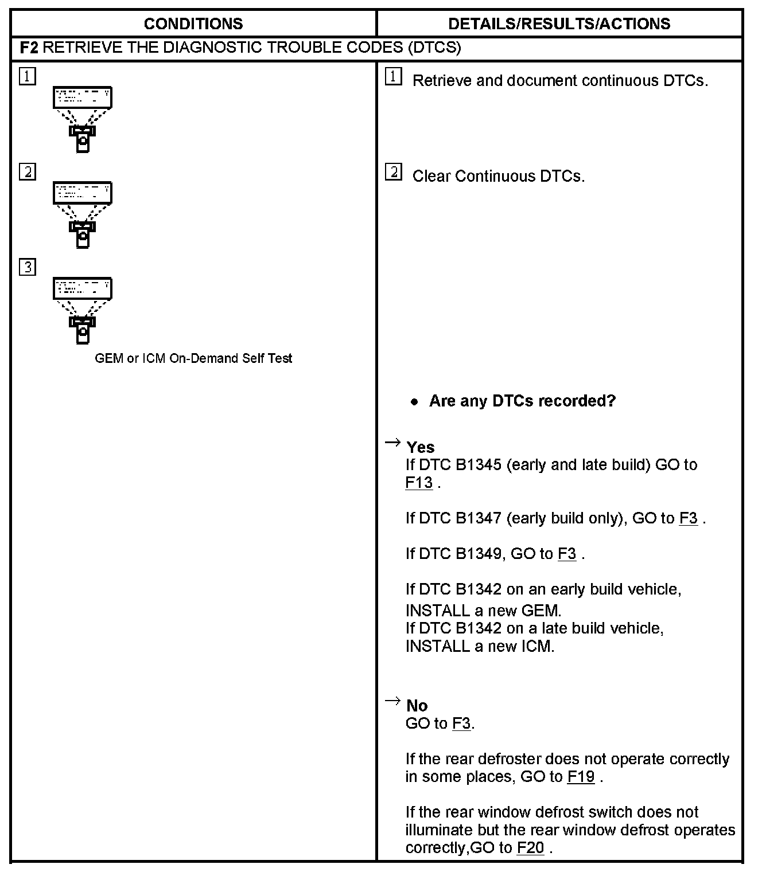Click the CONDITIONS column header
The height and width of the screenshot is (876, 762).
[x=193, y=24]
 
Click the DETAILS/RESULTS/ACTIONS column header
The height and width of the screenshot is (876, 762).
[x=559, y=24]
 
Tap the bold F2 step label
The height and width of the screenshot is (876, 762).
[x=29, y=48]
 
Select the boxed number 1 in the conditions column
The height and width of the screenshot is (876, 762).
[x=27, y=76]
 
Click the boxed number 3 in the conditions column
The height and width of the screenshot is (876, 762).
[x=27, y=267]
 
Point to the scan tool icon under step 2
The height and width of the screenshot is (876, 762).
[x=83, y=215]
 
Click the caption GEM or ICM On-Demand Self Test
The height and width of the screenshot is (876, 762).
[x=193, y=358]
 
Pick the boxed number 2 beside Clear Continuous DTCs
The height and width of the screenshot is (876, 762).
[x=393, y=172]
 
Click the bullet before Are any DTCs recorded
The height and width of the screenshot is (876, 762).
[x=414, y=402]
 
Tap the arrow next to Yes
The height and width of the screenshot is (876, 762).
[x=392, y=442]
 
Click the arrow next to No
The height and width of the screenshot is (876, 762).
[x=392, y=701]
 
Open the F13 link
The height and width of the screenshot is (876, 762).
[x=419, y=483]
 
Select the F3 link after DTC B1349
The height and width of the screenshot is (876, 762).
[x=567, y=554]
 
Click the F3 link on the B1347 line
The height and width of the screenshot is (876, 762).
[x=689, y=518]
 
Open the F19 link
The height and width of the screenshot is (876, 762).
[x=581, y=777]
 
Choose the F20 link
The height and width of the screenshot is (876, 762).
[x=530, y=848]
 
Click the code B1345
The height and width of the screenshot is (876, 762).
[x=479, y=464]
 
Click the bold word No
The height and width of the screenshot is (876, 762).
[x=417, y=706]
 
